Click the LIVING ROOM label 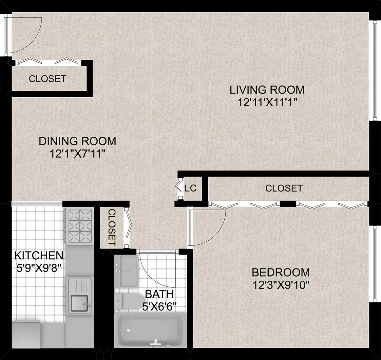[267, 90]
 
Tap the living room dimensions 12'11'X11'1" [267, 102]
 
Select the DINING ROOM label [77, 141]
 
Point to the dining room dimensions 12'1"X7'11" [77, 153]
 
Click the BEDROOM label [281, 272]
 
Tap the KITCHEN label [38, 255]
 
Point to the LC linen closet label [191, 188]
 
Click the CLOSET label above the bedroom [284, 188]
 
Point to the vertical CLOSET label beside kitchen [112, 227]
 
